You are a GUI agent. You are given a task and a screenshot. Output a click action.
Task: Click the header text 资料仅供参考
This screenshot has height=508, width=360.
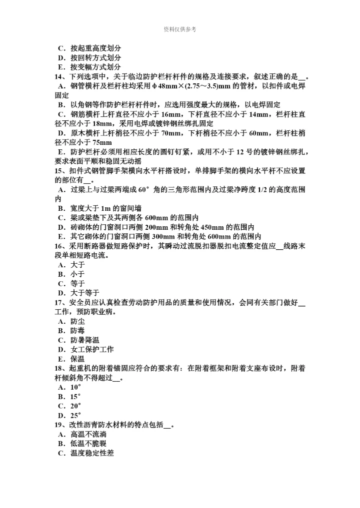(x=180, y=29)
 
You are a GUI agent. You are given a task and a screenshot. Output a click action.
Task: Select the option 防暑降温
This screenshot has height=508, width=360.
(x=84, y=340)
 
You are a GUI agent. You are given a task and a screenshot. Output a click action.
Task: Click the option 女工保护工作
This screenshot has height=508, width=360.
(x=92, y=350)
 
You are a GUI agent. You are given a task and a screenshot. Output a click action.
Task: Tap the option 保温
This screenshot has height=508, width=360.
(x=77, y=359)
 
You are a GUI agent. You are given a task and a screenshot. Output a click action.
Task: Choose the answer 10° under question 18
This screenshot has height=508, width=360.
(x=75, y=387)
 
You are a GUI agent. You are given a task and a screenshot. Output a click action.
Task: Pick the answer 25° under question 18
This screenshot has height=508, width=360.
(x=75, y=416)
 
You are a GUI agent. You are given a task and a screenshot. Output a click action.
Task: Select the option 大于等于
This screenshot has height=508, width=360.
(x=85, y=293)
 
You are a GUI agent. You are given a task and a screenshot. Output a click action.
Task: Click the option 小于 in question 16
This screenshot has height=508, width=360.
(x=77, y=274)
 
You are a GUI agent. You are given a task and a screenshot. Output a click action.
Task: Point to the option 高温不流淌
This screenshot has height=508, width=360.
(x=88, y=435)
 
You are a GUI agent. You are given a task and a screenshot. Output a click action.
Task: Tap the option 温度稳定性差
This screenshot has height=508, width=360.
(x=92, y=453)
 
